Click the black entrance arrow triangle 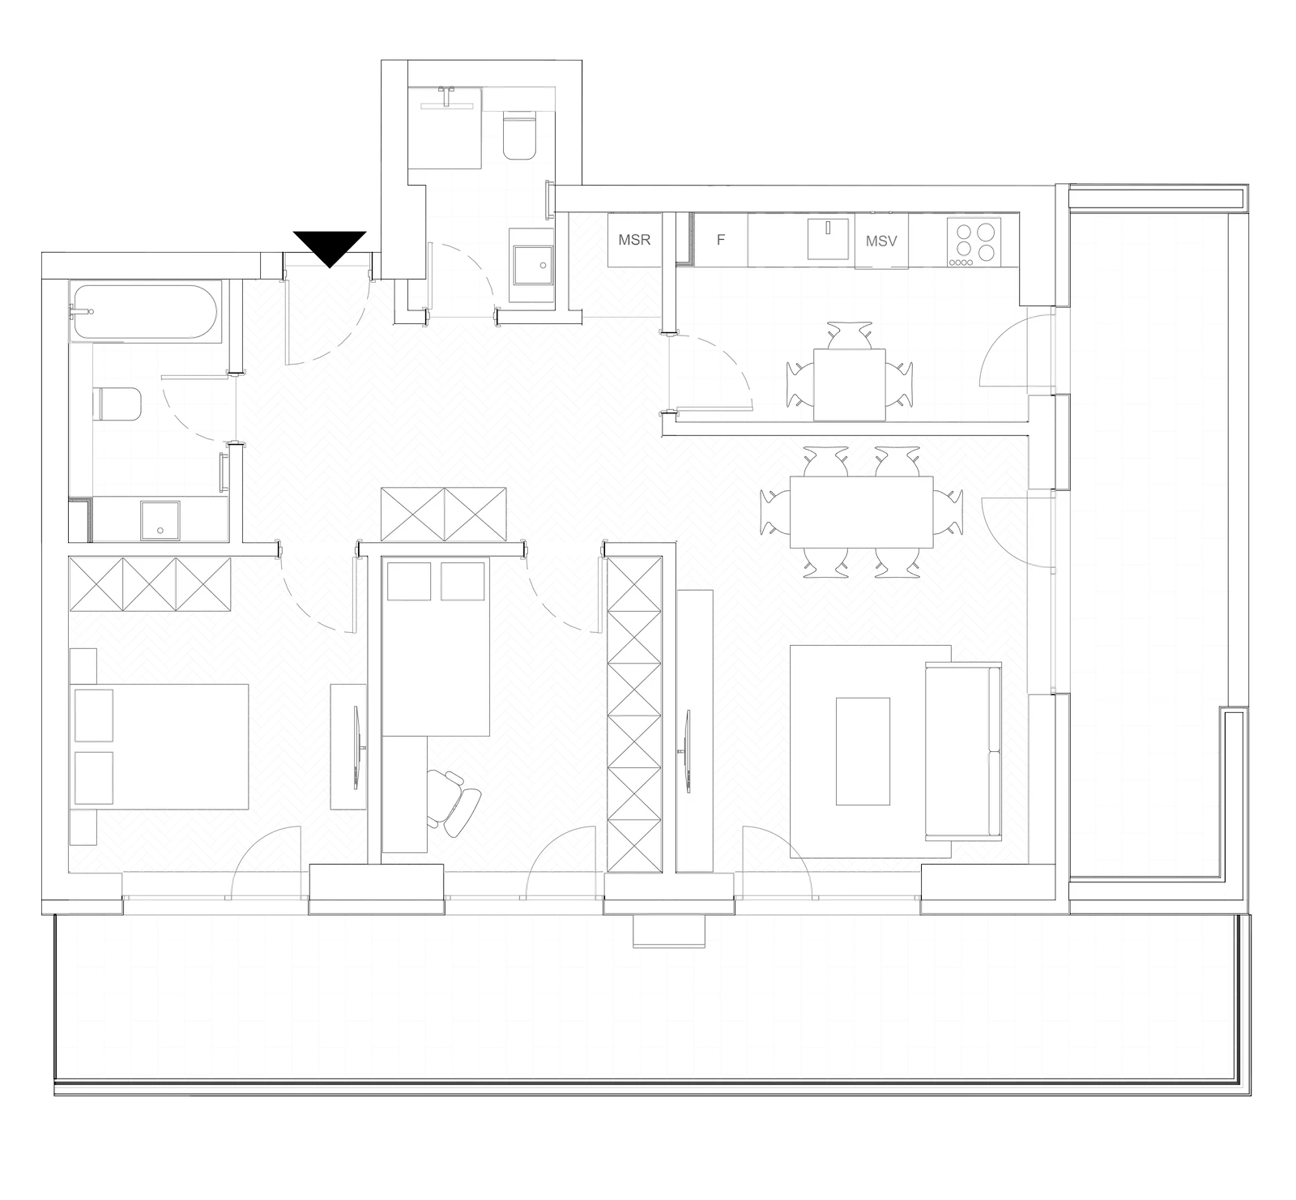tap(330, 246)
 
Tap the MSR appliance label tap(634, 240)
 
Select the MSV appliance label tap(881, 241)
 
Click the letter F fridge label tap(720, 240)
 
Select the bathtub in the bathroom tap(144, 312)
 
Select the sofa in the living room tap(963, 750)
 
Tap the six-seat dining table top tap(861, 513)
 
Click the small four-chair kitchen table tap(850, 384)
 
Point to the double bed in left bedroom tap(160, 746)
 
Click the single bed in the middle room tap(436, 646)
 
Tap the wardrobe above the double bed tap(150, 583)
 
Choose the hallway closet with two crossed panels tap(443, 515)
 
